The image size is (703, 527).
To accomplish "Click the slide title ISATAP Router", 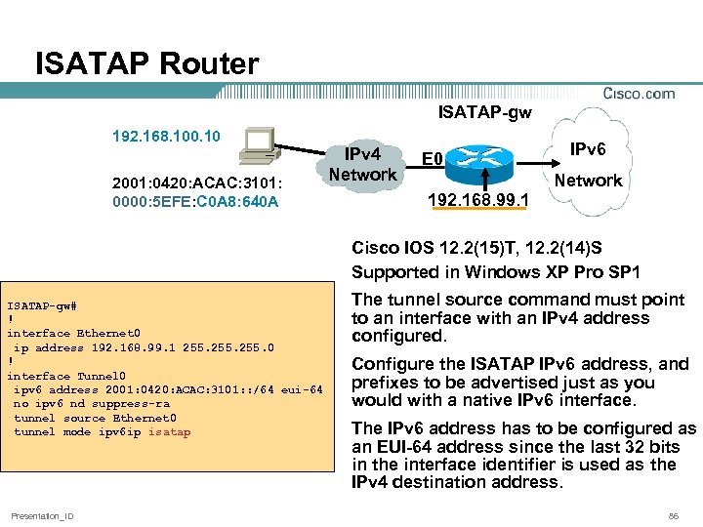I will coord(146,64).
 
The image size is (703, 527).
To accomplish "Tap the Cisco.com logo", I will coord(639,94).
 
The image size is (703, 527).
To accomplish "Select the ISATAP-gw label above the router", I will coord(484,113).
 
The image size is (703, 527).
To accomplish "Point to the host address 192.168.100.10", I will coord(167,135).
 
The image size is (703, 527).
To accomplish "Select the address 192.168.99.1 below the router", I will coord(477,201).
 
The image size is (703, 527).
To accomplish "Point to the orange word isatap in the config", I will coord(169,432).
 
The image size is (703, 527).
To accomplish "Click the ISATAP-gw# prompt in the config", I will coord(42,304).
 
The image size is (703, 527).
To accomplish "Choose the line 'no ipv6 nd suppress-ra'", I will coord(92,404).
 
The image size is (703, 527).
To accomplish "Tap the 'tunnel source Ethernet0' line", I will coord(95,418).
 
